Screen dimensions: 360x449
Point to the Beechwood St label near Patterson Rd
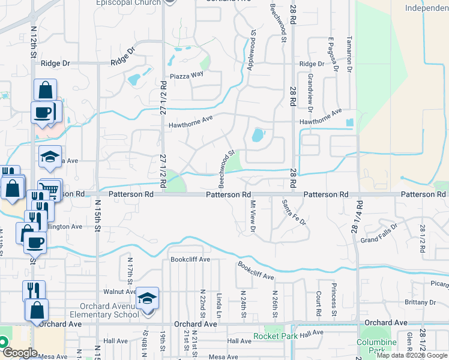tap(226, 166)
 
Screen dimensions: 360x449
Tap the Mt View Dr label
tap(253, 216)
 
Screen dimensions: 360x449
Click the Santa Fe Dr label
tap(294, 213)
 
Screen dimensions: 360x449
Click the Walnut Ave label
tap(120, 292)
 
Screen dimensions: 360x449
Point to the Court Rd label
tap(318, 304)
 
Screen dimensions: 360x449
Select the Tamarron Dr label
tap(349, 54)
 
